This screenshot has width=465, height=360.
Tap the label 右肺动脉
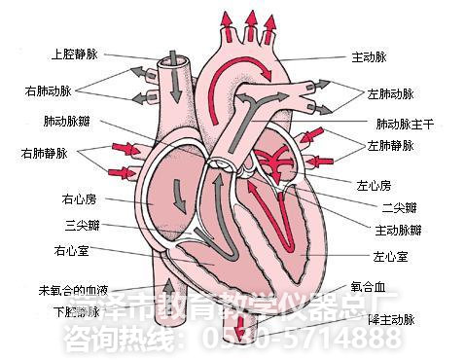pos(50,90)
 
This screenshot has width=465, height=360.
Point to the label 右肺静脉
pos(44,153)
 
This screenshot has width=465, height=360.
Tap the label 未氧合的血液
pos(72,289)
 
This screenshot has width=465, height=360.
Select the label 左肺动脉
pos(391,94)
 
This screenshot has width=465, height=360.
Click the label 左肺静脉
pos(391,145)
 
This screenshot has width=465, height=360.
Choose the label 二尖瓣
pos(399,206)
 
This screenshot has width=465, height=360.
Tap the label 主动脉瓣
pos(398,230)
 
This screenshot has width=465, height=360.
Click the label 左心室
pos(390,257)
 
